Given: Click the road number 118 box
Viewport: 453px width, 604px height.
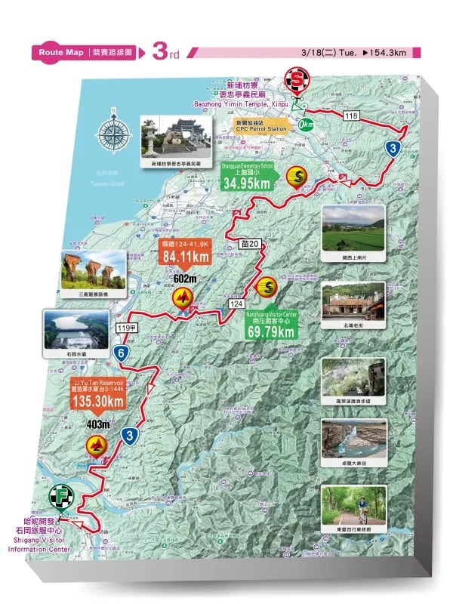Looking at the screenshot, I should click(x=351, y=116).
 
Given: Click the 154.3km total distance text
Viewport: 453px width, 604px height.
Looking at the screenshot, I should click(x=385, y=52).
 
